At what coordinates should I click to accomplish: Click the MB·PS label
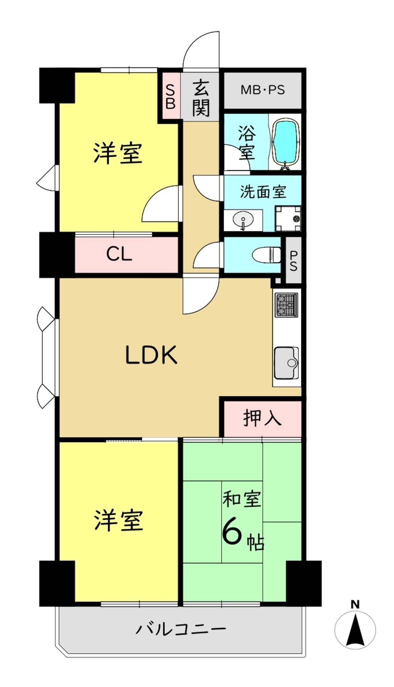(263, 90)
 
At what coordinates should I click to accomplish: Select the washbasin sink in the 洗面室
(243, 220)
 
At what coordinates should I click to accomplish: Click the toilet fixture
(267, 255)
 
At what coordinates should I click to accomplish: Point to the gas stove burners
(287, 305)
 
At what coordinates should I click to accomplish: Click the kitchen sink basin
(286, 363)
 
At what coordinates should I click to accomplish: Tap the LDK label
(151, 355)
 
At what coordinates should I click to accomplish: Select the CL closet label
(119, 254)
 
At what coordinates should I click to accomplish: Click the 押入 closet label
(262, 418)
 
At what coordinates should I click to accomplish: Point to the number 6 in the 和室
(232, 532)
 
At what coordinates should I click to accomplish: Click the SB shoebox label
(171, 97)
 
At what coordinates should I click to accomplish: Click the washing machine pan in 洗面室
(288, 219)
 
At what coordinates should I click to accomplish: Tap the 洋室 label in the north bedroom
(118, 153)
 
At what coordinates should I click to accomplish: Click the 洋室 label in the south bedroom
(119, 520)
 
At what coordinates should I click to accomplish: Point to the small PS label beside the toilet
(293, 260)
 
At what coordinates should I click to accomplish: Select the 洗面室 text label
(263, 192)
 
